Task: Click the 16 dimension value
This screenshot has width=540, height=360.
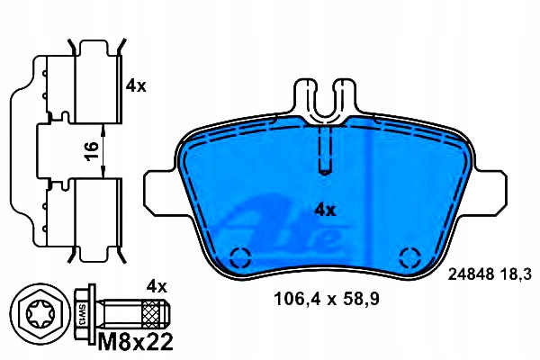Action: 92,151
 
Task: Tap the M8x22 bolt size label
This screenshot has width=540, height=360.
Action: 135,342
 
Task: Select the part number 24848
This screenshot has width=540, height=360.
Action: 471,274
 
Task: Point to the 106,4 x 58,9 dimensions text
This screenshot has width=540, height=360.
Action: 326,299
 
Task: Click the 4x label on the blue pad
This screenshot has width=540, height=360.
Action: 325,210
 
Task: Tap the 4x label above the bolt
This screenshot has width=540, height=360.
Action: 157,286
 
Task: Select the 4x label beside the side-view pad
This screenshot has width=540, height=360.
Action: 136,85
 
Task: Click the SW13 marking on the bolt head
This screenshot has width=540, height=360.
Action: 82,314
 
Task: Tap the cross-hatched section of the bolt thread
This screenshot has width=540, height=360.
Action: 151,314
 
